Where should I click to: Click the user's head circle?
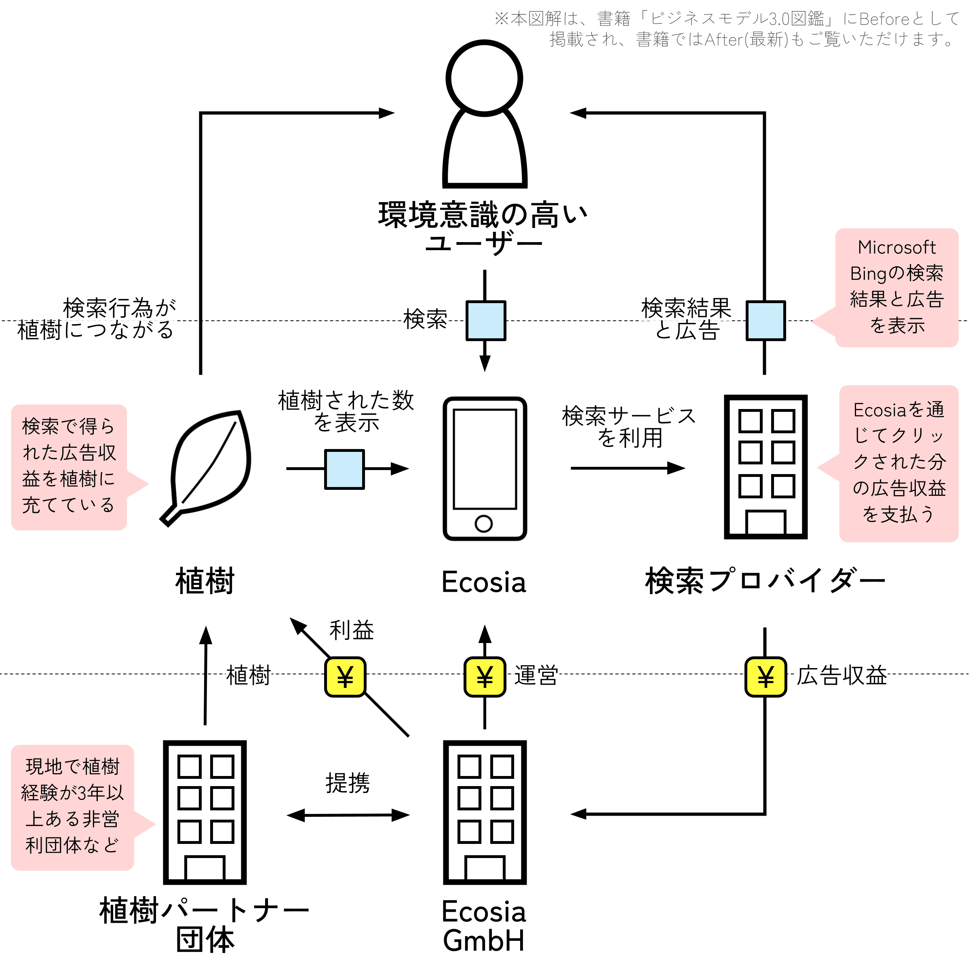coord(485,78)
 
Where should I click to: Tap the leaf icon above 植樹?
coord(206,467)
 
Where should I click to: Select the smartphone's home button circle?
coord(483,524)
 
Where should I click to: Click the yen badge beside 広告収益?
coord(765,677)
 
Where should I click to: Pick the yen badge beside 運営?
coord(485,677)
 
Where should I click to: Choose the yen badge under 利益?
coord(345,677)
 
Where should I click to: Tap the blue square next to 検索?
coord(485,321)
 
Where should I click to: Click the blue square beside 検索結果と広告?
coord(765,321)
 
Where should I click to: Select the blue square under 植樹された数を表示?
coord(344,469)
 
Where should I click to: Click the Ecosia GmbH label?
coord(484,926)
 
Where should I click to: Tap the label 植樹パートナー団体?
coord(205,925)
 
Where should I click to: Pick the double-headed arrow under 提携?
coord(348,815)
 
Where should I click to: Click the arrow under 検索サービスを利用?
coord(628,468)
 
